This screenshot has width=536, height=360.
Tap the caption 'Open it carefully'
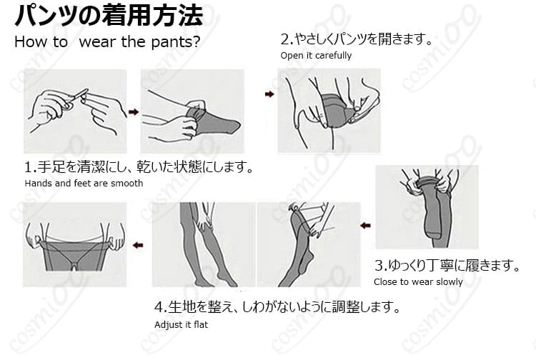(x=315, y=56)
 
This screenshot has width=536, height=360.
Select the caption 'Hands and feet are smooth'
(x=84, y=184)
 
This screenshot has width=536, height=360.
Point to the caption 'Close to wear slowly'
(x=417, y=281)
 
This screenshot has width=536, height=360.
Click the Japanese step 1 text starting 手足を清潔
(x=139, y=169)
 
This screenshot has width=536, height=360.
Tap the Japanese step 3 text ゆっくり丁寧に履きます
(x=446, y=266)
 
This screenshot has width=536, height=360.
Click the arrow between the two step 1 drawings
(x=133, y=111)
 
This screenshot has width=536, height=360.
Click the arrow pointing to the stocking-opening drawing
(x=269, y=94)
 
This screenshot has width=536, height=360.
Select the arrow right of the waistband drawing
(x=138, y=245)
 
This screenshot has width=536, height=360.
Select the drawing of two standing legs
(x=204, y=244)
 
